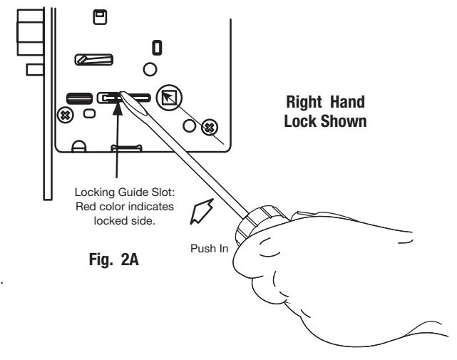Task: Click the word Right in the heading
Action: coord(304,103)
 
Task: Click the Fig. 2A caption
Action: coord(113,259)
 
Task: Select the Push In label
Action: coord(209,249)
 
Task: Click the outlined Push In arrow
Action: coord(202,211)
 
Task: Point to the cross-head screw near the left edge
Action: coord(66,115)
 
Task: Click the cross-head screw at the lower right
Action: coord(210,128)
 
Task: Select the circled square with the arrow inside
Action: coord(169,98)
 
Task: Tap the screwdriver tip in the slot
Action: coord(122,94)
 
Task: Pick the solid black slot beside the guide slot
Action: coord(80,98)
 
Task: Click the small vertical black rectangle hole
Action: coord(158,48)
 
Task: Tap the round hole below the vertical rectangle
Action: coord(150,69)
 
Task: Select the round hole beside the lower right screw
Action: coord(190,126)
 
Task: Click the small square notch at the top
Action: coord(100,17)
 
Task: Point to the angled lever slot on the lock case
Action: coord(94,60)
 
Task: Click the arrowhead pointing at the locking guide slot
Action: coord(118,108)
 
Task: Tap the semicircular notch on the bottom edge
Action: coord(78,146)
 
